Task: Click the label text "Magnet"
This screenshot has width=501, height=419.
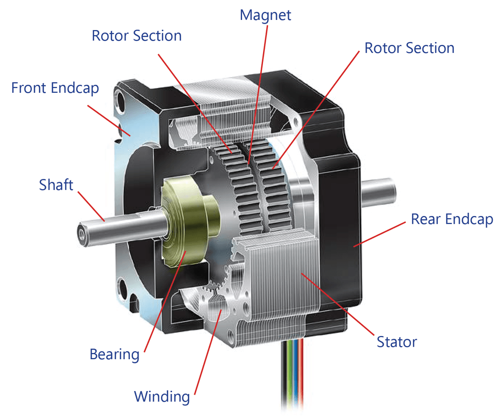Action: pos(265,15)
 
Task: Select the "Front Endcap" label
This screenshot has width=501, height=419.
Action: pos(55,88)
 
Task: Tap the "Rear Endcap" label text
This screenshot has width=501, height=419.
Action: pos(452,219)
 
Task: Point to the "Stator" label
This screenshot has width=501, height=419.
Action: pos(397,342)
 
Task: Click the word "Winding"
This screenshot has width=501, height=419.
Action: pos(162,397)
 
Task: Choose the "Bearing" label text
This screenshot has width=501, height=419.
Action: pos(114,355)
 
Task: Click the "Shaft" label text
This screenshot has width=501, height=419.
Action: pos(56,185)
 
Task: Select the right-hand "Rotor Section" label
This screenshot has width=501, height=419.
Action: pos(409,48)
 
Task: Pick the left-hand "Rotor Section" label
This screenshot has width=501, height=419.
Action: pos(136,36)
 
